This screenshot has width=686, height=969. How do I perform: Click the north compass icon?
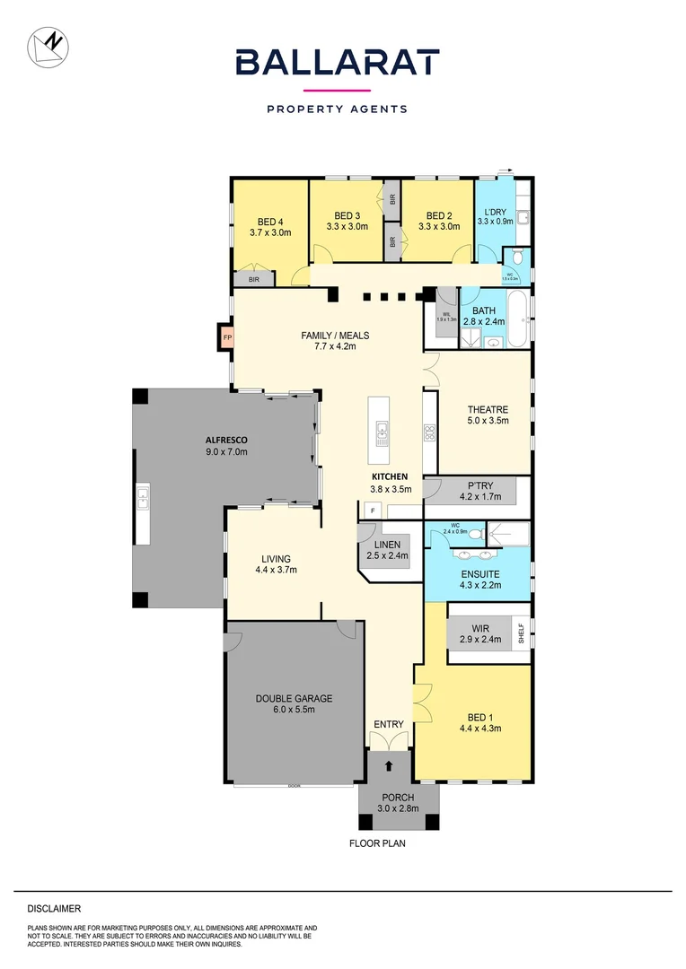tap(47, 47)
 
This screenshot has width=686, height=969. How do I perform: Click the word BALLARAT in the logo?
tap(337, 63)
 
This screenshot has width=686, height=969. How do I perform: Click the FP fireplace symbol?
tap(227, 337)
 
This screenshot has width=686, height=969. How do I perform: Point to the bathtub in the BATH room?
tap(519, 319)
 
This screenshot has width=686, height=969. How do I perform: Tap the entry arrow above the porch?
tap(389, 765)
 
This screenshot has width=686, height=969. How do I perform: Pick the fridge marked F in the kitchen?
tap(373, 510)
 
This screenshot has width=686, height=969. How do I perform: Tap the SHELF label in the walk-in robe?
tap(520, 633)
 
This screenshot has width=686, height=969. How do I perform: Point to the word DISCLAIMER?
tap(54, 909)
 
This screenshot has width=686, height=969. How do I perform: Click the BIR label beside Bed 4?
tap(254, 280)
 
